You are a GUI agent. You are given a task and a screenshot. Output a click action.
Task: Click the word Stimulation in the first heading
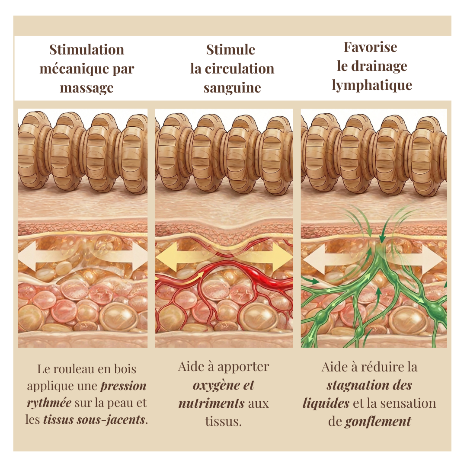point(86,50)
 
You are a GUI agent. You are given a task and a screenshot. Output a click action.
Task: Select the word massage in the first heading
point(86,88)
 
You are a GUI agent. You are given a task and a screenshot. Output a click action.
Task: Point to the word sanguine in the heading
point(232,88)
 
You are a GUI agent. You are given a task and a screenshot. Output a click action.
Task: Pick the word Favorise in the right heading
point(371,47)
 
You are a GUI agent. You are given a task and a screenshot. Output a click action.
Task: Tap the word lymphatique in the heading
point(372,86)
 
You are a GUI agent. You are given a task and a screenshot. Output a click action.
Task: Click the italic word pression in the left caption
point(123,386)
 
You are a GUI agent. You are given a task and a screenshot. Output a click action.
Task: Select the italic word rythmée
point(49,403)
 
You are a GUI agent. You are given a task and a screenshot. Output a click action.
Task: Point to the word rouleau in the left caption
point(72,369)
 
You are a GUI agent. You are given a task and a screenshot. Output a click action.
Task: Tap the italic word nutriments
point(211,403)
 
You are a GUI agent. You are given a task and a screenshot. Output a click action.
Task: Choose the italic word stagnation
point(355,386)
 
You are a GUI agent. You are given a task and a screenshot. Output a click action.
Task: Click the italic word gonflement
point(378,422)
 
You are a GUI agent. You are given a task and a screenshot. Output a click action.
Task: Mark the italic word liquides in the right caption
point(326,403)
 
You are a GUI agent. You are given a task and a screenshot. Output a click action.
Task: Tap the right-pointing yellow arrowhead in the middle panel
point(283,256)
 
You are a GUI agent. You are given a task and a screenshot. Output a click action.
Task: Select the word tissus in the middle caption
point(224,422)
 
